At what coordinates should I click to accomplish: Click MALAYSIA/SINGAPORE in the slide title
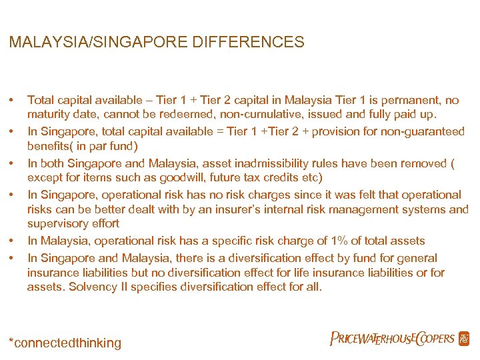click(x=101, y=43)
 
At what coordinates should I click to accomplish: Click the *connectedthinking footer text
click(x=65, y=343)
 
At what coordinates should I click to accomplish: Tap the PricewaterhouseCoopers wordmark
click(x=392, y=339)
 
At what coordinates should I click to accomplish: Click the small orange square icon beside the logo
click(x=464, y=339)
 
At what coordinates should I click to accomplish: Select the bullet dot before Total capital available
click(x=13, y=101)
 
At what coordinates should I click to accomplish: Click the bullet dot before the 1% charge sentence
click(x=13, y=241)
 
